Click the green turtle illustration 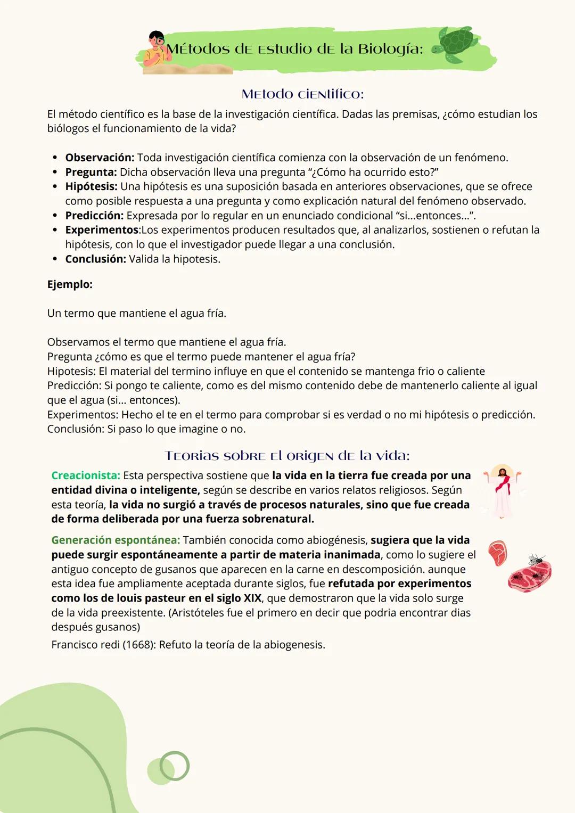(x=456, y=45)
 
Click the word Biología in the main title (x=390, y=49)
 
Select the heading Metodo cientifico (x=302, y=94)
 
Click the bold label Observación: (x=100, y=158)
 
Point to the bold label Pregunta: (x=91, y=172)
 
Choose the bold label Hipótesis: (x=91, y=186)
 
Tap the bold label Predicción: (x=94, y=216)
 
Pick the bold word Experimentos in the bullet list (x=102, y=230)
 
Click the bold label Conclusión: (x=95, y=259)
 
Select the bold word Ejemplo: (x=70, y=284)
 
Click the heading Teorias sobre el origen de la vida (x=287, y=456)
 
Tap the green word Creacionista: (x=86, y=475)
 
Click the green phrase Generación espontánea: (x=116, y=540)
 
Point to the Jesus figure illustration (x=502, y=490)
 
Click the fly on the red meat (x=536, y=560)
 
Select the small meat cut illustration (x=498, y=553)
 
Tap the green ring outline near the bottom (x=175, y=766)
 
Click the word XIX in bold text (x=252, y=598)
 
